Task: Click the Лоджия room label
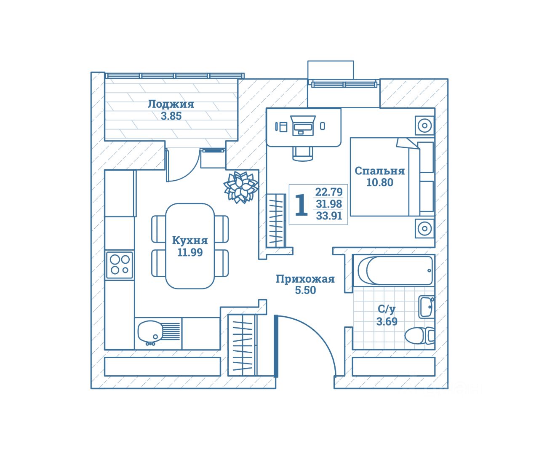point(171,104)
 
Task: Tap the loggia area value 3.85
point(171,116)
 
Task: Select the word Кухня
point(190,241)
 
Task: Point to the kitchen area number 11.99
point(190,252)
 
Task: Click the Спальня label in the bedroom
point(379,171)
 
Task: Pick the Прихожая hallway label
point(305,279)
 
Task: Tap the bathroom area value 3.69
point(387,322)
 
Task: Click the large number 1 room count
point(301,205)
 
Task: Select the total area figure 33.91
point(329,216)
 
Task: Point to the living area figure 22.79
point(329,192)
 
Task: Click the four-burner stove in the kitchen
point(120,265)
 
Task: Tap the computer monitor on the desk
point(303,125)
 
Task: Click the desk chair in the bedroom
point(303,154)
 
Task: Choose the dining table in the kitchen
point(190,246)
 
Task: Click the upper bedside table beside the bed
point(424,126)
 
